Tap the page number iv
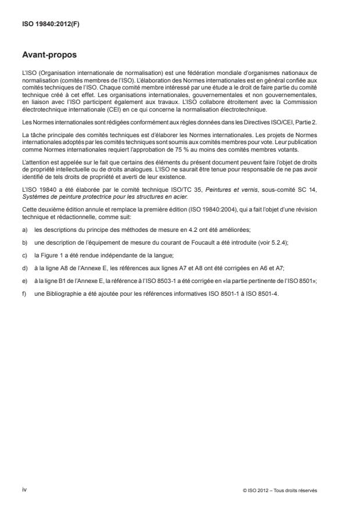(x=24, y=489)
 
